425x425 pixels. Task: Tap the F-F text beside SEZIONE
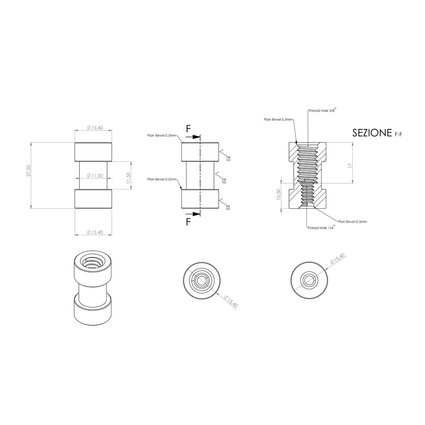(x=399, y=135)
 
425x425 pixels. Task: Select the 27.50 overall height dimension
(x=29, y=171)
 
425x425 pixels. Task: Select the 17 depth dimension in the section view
(x=349, y=165)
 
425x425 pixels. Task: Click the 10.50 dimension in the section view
(x=279, y=194)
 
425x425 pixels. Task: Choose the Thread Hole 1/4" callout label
(x=321, y=227)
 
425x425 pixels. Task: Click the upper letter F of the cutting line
(x=188, y=129)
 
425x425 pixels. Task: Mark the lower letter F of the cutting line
(x=188, y=221)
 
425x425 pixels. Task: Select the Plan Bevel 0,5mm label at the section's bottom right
(x=353, y=221)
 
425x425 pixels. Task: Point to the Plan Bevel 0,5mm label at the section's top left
(x=278, y=120)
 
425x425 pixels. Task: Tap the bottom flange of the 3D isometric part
(x=93, y=314)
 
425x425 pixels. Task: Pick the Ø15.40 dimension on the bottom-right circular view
(x=337, y=259)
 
